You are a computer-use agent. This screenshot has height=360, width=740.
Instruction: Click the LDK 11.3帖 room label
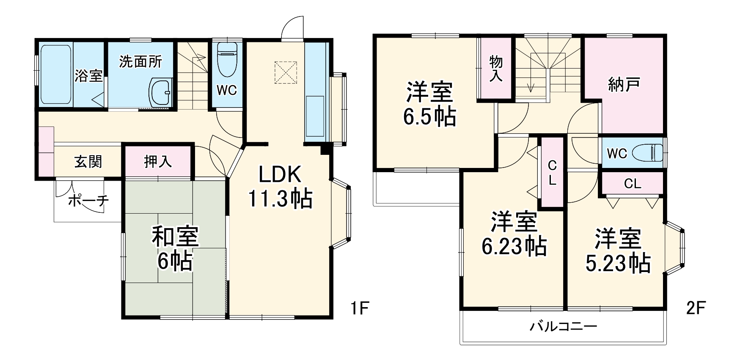280,186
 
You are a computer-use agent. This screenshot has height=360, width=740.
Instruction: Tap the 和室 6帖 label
175,249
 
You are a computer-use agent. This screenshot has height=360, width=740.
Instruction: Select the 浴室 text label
88,76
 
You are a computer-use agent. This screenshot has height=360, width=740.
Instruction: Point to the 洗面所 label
140,62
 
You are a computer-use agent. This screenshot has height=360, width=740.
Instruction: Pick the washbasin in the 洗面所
161,92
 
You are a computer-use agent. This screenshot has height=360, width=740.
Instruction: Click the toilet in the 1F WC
227,59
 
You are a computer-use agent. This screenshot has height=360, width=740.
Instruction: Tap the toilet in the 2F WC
648,152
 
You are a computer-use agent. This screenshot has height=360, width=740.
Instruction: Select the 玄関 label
88,162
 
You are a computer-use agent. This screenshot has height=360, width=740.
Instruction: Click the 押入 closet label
158,161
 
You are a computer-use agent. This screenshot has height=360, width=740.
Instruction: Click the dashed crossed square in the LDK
286,72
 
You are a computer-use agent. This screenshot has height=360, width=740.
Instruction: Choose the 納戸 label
624,84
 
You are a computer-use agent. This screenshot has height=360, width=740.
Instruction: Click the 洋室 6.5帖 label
429,104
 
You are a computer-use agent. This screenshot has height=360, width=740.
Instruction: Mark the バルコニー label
563,327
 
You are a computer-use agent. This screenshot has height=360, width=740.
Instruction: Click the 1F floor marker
360,308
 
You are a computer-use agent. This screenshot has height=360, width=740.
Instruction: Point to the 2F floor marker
696,308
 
